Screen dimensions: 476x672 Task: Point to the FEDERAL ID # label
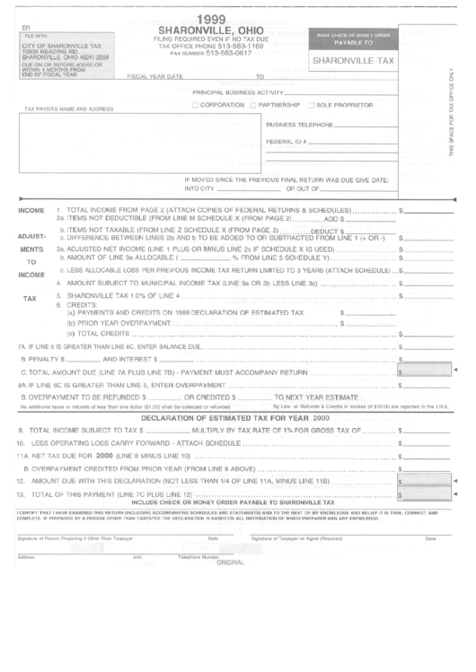(287, 142)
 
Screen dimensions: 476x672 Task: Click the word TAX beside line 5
(30, 297)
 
